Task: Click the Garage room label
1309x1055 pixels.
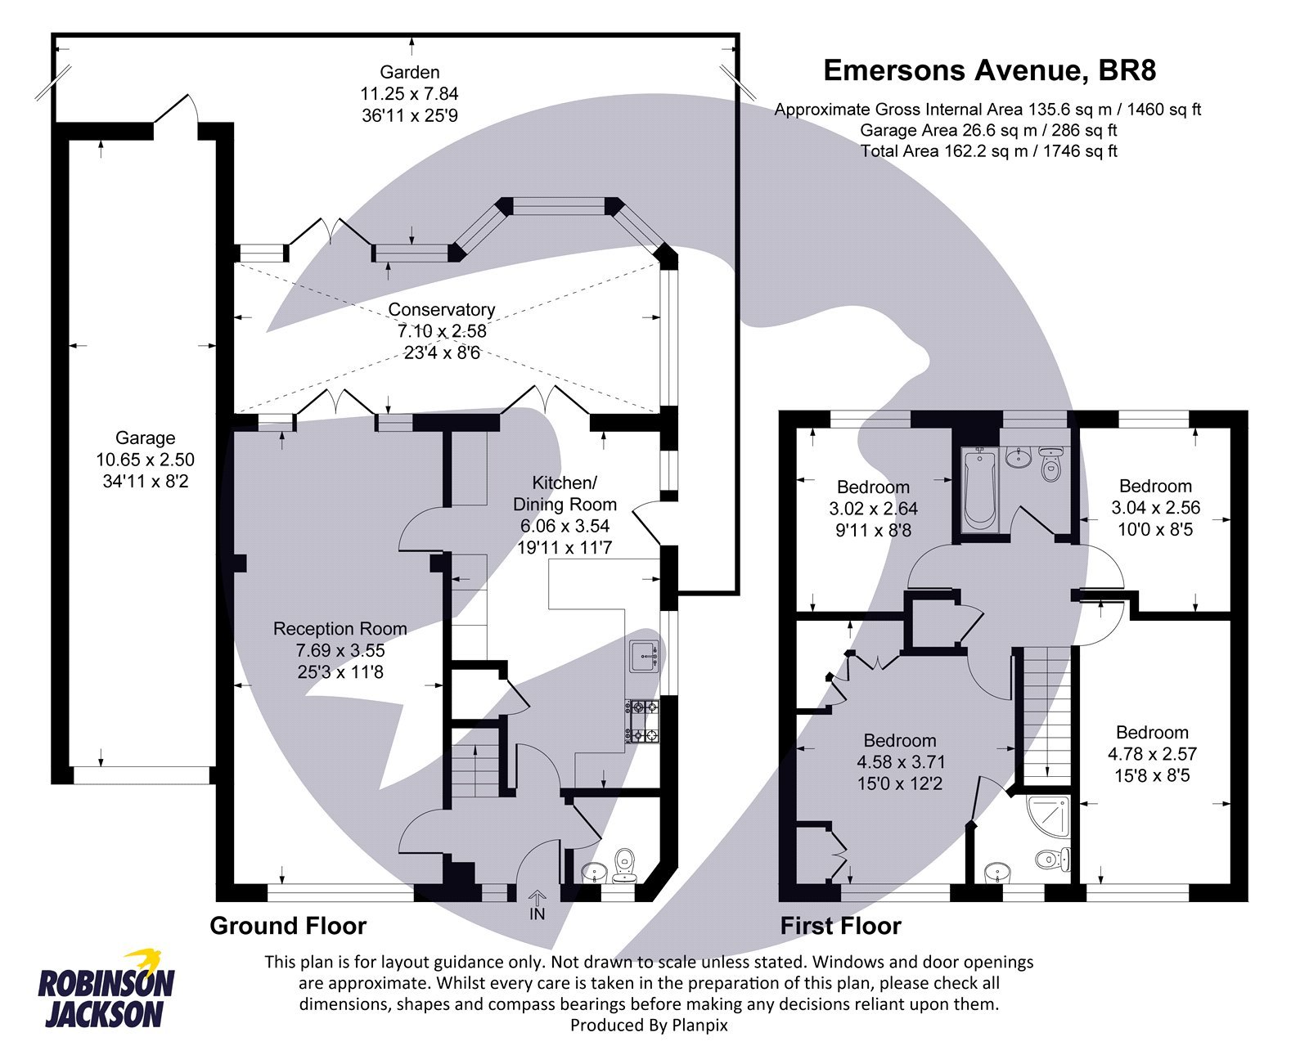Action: [x=145, y=438]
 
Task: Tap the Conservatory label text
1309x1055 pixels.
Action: [x=441, y=310]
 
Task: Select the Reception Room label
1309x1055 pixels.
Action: [x=340, y=629]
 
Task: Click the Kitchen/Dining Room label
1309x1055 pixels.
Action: [x=565, y=493]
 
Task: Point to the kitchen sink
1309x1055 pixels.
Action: [x=645, y=655]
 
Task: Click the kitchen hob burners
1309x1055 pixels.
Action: [x=643, y=721]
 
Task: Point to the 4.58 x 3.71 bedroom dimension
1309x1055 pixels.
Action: [x=900, y=762]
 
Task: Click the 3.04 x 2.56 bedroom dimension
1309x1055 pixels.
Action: [x=1155, y=508]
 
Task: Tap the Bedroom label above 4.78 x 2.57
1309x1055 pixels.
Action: [x=1151, y=733]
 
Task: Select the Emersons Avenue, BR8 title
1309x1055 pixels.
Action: [x=989, y=70]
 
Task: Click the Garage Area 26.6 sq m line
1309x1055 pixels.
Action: [x=988, y=130]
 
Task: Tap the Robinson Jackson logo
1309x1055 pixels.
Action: [x=106, y=990]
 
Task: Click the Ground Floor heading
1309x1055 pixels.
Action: [x=288, y=926]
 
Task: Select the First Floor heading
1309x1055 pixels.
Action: [x=840, y=926]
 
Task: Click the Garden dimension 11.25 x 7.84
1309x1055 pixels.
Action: [x=409, y=94]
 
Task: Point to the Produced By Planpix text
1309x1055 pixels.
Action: [x=648, y=1025]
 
